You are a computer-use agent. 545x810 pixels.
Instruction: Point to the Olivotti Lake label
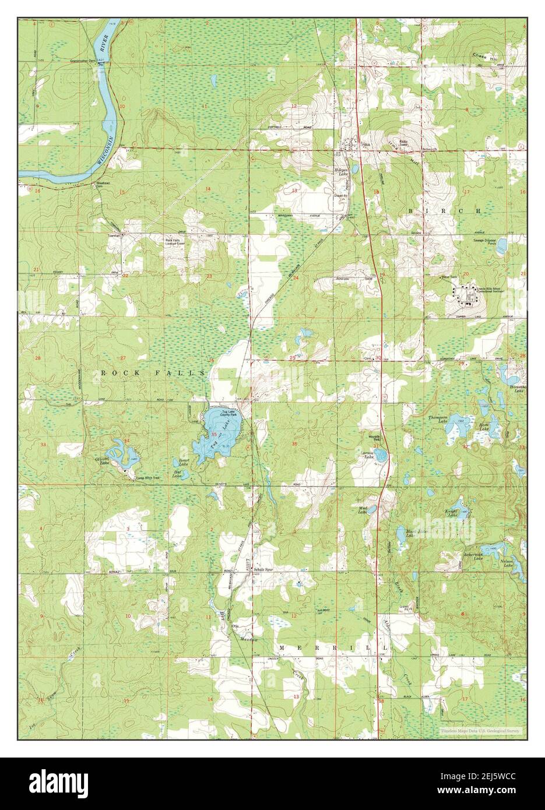(x=104, y=460)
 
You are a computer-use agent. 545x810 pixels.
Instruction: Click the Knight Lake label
(x=452, y=513)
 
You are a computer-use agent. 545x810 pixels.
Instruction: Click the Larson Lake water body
(x=380, y=455)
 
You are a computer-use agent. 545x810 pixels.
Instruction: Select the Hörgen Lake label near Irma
(x=340, y=172)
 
